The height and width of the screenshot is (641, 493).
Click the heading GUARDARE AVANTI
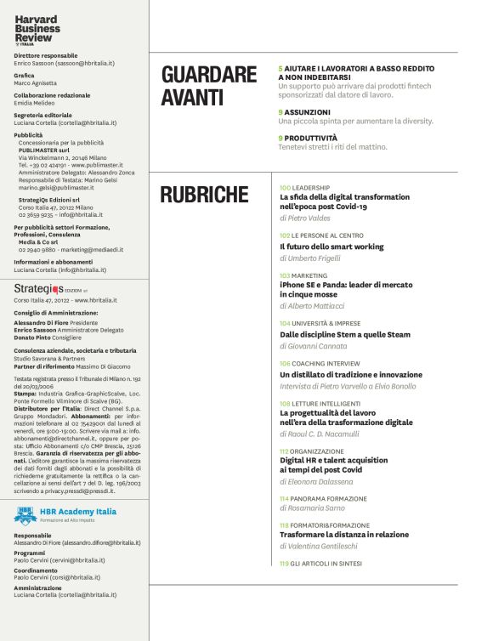(208, 86)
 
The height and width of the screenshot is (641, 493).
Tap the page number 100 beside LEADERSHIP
(285, 186)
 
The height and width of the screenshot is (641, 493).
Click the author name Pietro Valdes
(307, 218)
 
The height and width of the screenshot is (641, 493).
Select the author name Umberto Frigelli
(313, 258)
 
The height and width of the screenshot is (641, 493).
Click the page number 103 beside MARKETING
(285, 275)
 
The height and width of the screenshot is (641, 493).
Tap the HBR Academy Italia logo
(65, 514)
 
